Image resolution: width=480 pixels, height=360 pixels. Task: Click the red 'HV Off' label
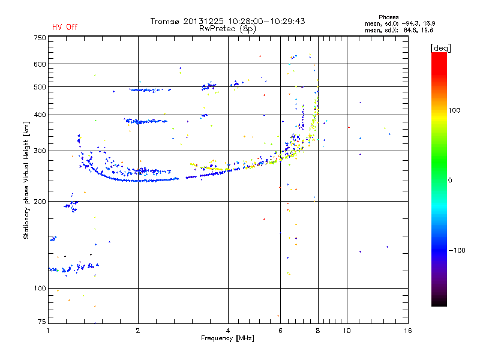pos(65,27)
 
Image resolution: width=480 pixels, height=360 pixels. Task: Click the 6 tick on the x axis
pos(280,331)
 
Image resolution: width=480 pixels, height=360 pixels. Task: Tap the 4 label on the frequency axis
pos(228,331)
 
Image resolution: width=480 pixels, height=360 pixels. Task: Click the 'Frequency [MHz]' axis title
pos(227,339)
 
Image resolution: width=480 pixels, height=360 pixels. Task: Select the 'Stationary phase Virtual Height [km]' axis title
pos(26,180)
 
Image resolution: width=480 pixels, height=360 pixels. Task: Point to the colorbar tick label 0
pos(451,180)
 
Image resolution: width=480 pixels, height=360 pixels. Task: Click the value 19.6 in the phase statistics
pos(427,29)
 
